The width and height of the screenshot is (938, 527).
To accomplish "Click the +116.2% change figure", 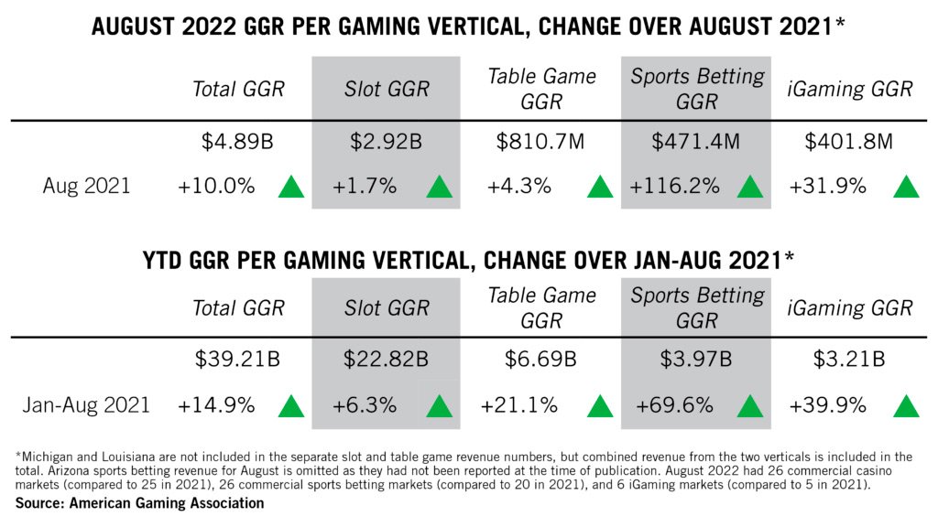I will [x=673, y=186].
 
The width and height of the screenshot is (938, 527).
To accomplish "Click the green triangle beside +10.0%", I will [x=291, y=187].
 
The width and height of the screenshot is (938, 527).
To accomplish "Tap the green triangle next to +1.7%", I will [x=440, y=187].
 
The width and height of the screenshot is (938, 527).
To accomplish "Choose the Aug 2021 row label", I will [x=87, y=186].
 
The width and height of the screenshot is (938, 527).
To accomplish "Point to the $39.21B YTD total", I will [x=238, y=360].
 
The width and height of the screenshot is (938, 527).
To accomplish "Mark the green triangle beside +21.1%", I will [x=599, y=404].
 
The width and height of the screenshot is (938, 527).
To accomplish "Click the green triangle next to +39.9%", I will [x=906, y=404].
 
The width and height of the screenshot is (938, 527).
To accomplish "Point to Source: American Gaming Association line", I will [x=139, y=503].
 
